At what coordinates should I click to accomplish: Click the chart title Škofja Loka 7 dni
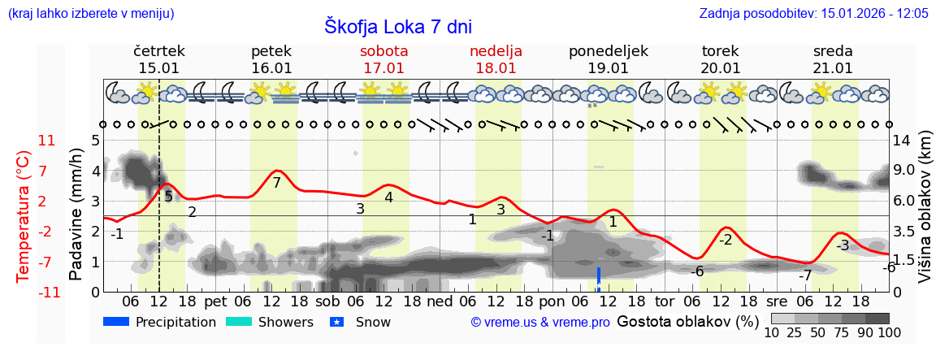pos(397,26)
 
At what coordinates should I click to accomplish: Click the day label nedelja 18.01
pos(496,59)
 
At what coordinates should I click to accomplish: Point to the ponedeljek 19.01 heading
pos(608,59)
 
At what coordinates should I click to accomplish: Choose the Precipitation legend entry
pos(160,322)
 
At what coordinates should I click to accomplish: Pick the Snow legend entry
pos(361,322)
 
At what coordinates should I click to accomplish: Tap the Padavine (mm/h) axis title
pos(76,215)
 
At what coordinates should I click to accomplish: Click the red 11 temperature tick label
pos(47,141)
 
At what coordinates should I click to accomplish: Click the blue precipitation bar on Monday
pos(599,278)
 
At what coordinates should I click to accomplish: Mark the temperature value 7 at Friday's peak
pos(276,183)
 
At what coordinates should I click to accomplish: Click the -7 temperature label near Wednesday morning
pos(804,275)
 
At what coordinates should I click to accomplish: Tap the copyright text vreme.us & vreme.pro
pos(540,323)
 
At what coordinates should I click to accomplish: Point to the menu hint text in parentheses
pos(91,14)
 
